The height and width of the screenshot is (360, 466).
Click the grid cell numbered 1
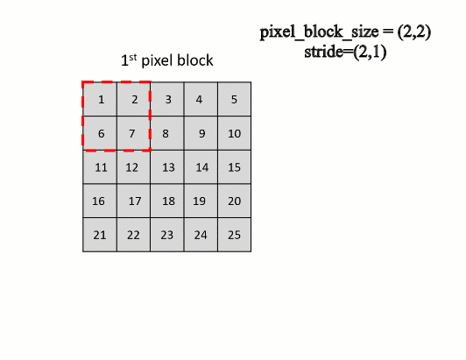pyautogui.click(x=100, y=99)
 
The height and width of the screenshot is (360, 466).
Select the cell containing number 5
pyautogui.click(x=235, y=99)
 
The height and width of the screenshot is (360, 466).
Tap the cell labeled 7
pyautogui.click(x=133, y=133)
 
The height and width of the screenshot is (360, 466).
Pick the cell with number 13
pyautogui.click(x=167, y=166)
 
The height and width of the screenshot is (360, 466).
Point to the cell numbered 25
pyautogui.click(x=235, y=234)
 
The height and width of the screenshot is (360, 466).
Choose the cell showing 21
pyautogui.click(x=100, y=234)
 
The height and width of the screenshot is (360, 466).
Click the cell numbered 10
pyautogui.click(x=235, y=133)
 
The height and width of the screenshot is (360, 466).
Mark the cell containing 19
pyautogui.click(x=201, y=201)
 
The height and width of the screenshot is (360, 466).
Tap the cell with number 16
pyautogui.click(x=100, y=201)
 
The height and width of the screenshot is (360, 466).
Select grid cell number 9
pyautogui.click(x=201, y=133)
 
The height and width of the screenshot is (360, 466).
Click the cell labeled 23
pyautogui.click(x=167, y=234)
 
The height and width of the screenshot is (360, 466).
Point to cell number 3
pyautogui.click(x=167, y=99)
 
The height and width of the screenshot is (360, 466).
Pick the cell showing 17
pyautogui.click(x=133, y=201)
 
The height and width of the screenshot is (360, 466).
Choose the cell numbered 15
pyautogui.click(x=235, y=166)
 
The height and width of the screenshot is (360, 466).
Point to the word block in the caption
pyautogui.click(x=195, y=61)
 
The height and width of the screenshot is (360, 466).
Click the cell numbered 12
pyautogui.click(x=133, y=166)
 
